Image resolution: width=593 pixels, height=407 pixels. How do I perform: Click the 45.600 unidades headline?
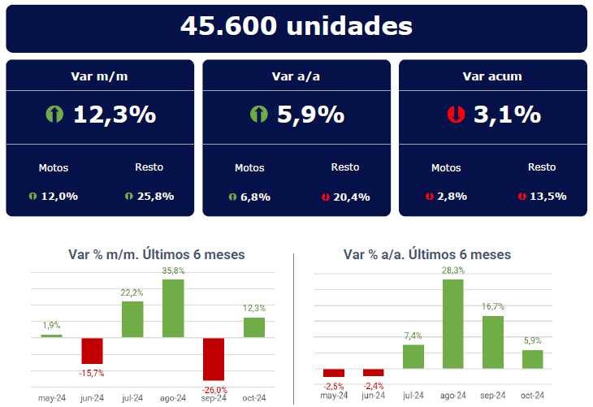point(296,26)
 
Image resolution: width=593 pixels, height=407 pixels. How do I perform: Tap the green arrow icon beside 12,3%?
point(54,115)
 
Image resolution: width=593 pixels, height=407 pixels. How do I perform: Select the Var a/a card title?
point(296,76)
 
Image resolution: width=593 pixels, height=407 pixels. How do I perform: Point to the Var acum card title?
point(492,76)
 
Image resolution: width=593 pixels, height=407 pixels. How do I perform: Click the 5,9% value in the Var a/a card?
point(310,115)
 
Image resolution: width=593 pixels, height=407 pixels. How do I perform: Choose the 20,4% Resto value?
point(351,196)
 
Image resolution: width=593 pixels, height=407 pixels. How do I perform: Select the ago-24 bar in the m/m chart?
point(173,308)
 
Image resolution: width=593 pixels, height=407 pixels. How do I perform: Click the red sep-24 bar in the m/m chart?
point(214,358)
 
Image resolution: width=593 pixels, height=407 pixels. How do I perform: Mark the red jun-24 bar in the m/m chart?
point(92,350)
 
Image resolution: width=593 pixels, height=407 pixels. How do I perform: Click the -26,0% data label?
point(214,389)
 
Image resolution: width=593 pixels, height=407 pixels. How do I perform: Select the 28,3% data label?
point(453,271)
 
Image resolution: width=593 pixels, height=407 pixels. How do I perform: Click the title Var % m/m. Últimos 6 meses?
point(156,254)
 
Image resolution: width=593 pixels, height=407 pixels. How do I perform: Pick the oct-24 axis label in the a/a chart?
point(533,395)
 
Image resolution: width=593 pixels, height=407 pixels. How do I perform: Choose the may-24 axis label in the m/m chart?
point(51,398)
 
